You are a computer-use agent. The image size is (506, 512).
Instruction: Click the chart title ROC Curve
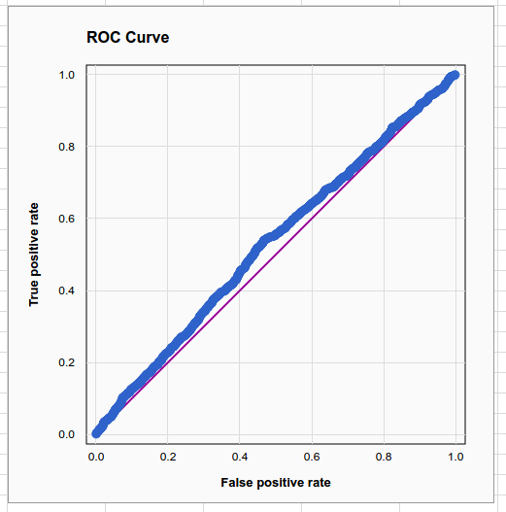pos(127,37)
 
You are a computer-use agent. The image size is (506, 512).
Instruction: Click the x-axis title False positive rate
pos(276,483)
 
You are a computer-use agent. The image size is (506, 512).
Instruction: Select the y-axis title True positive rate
pos(34,255)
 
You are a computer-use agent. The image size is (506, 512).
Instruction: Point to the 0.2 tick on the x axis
pos(168,457)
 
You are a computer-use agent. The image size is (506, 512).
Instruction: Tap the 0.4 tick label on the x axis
pos(240,457)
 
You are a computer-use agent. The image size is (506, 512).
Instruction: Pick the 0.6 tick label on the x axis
pos(312,457)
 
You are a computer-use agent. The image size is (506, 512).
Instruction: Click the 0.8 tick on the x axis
pos(384,457)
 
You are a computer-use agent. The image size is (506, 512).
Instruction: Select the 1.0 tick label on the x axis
pos(455,457)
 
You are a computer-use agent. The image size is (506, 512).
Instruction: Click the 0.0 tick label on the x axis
pos(96,457)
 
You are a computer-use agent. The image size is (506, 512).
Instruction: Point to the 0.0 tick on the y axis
pos(67,434)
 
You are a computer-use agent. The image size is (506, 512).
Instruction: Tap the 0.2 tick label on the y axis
pos(67,362)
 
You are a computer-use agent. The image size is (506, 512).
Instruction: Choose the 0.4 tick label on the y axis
pos(67,290)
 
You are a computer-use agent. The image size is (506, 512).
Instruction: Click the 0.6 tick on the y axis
pos(67,219)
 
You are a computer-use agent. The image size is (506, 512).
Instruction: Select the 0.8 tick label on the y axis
pos(67,147)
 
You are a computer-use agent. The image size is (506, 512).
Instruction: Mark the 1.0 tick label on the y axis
pos(67,75)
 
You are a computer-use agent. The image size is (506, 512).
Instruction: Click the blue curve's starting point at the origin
pos(96,433)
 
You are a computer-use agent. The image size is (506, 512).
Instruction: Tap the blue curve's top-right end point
pos(455,75)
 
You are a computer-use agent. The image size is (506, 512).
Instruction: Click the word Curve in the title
pos(148,37)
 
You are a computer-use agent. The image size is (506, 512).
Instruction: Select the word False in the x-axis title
pos(233,482)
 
